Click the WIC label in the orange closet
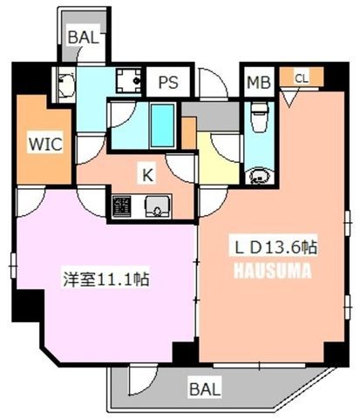[x=45, y=143]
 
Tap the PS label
[x=168, y=82]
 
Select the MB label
[x=259, y=82]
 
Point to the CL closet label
[x=302, y=78]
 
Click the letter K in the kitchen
[x=147, y=175]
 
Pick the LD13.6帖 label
[x=275, y=247]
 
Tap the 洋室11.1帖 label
[x=106, y=280]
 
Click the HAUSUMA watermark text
[x=273, y=271]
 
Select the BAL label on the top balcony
[x=83, y=37]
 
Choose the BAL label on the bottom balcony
[x=205, y=389]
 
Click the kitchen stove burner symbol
[x=121, y=206]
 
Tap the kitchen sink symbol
[x=157, y=206]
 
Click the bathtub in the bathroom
[x=162, y=125]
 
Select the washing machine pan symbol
[x=129, y=80]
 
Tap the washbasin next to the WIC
[x=65, y=84]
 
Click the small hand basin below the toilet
[x=260, y=176]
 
